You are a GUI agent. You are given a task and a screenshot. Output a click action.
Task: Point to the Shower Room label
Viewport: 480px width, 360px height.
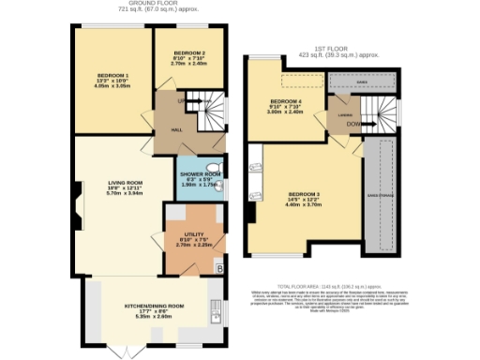[200, 173]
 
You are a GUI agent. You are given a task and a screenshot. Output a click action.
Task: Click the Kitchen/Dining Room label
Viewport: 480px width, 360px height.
[155, 306]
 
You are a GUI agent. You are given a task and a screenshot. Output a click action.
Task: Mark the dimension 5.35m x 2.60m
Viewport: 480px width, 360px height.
[155, 316]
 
